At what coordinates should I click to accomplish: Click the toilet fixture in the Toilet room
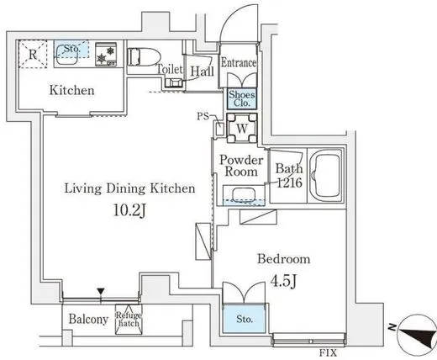point(144,57)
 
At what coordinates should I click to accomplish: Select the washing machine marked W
point(242,128)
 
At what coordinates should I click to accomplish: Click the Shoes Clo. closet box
point(242,98)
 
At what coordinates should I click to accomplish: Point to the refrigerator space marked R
point(33,54)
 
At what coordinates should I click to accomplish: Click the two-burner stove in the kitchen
point(106,55)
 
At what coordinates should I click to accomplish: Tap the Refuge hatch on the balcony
point(129,320)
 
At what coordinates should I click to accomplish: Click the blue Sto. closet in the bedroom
point(245,319)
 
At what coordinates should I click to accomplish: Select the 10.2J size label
point(129,210)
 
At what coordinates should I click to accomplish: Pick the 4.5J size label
point(283,281)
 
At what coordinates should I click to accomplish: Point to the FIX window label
point(329,352)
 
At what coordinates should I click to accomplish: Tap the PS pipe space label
point(203,116)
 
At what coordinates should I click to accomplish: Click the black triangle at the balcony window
point(101,291)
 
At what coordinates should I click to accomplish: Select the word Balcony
point(88,319)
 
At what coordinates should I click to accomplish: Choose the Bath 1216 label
point(289,176)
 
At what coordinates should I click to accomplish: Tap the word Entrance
point(239,62)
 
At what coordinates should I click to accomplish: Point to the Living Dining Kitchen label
point(129,188)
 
